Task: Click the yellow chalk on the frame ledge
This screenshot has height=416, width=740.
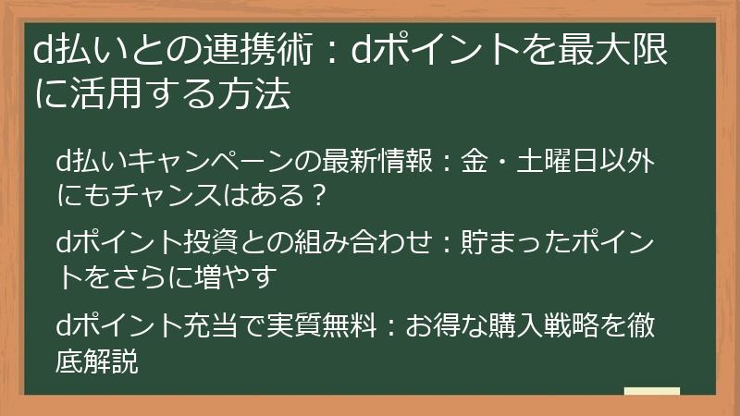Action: click(653, 391)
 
